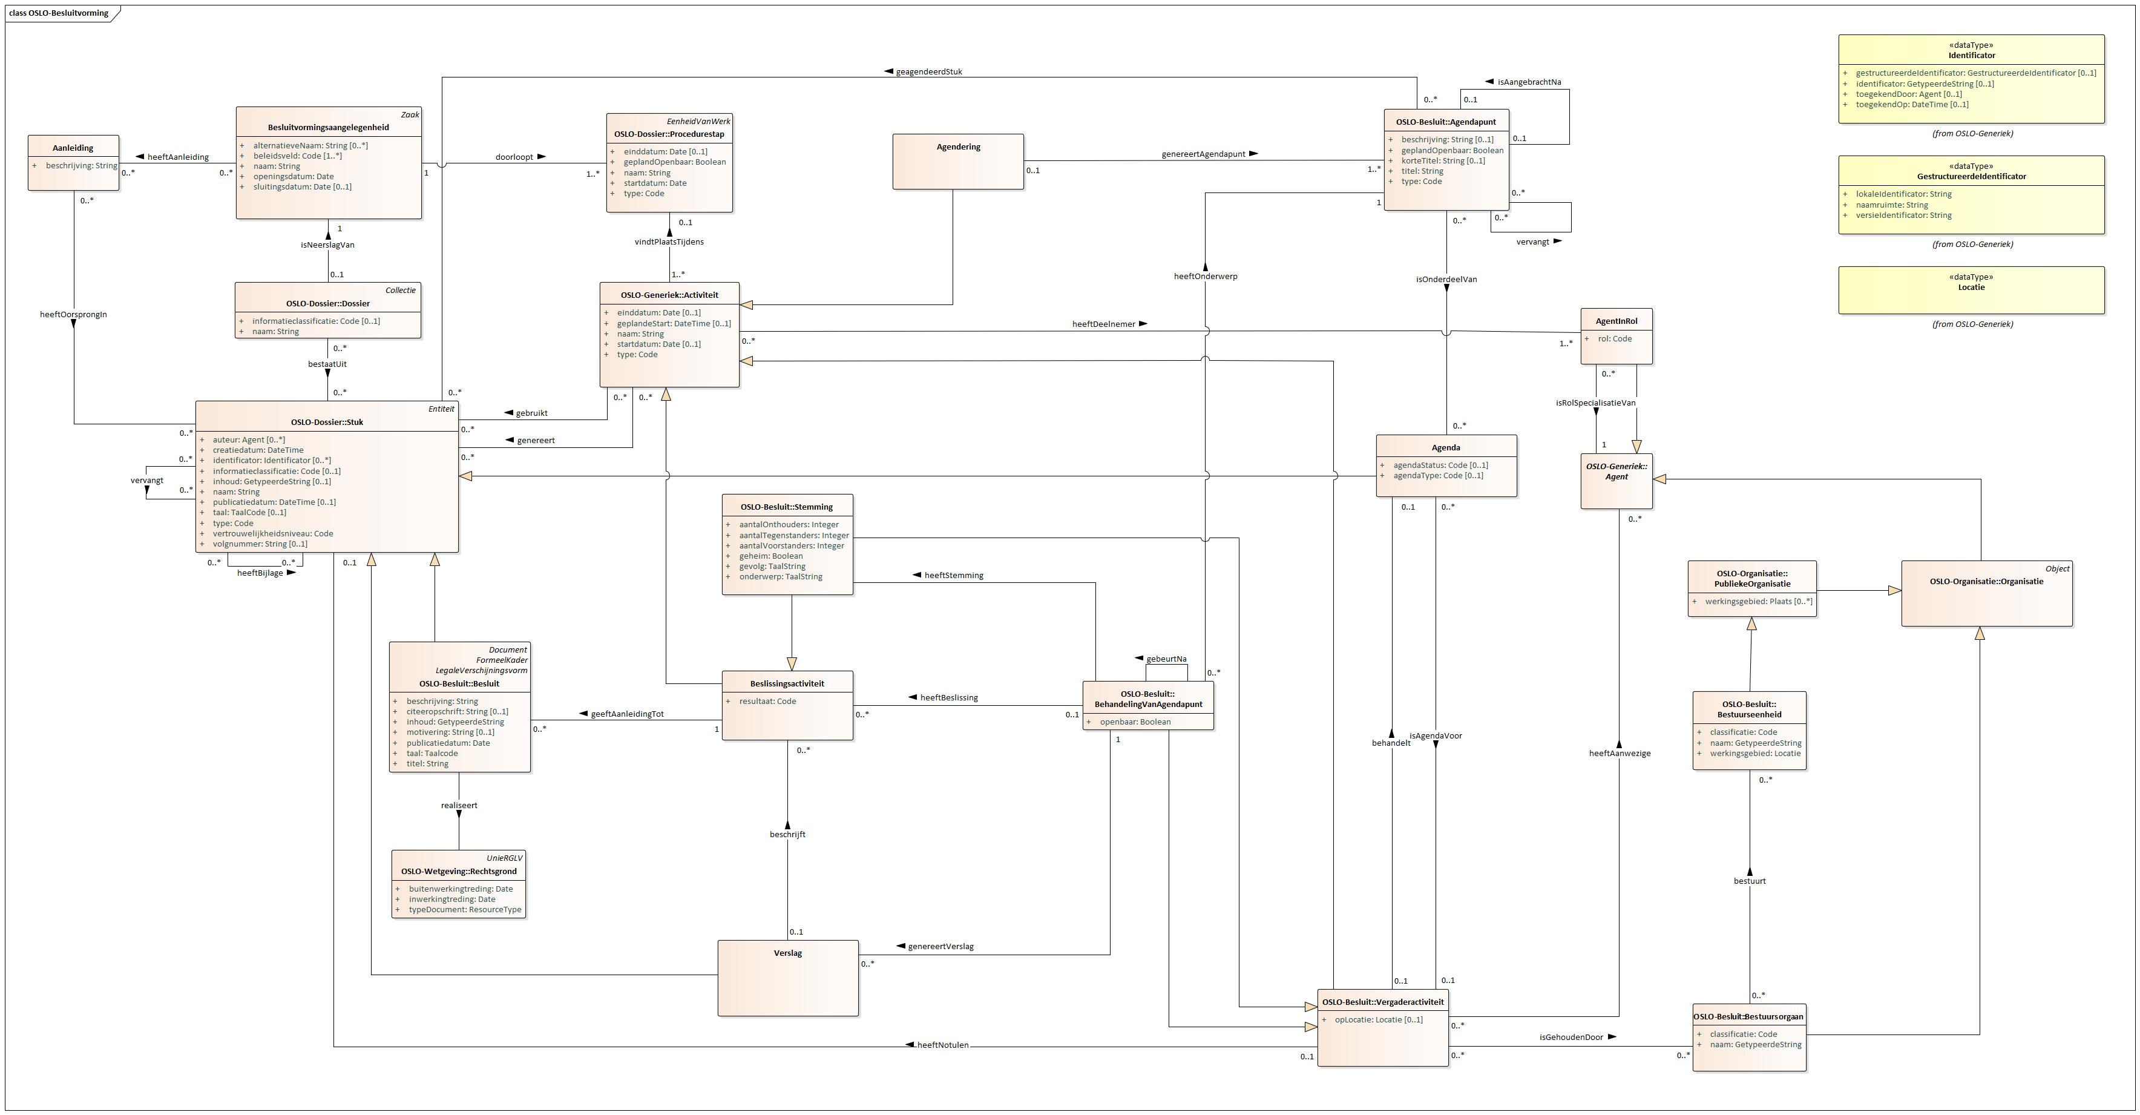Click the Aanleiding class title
tap(73, 148)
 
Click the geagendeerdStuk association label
tap(929, 72)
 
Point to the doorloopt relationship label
tap(514, 157)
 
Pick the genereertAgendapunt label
tap(1203, 154)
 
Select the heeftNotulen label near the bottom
tap(942, 1045)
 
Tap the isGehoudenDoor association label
tap(1571, 1038)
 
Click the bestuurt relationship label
tap(1750, 881)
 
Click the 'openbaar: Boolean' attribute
tap(1135, 722)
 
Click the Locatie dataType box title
tap(1971, 288)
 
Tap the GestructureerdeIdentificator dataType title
tap(1971, 177)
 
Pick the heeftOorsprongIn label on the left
tap(73, 315)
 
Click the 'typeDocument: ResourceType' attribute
tap(464, 910)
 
